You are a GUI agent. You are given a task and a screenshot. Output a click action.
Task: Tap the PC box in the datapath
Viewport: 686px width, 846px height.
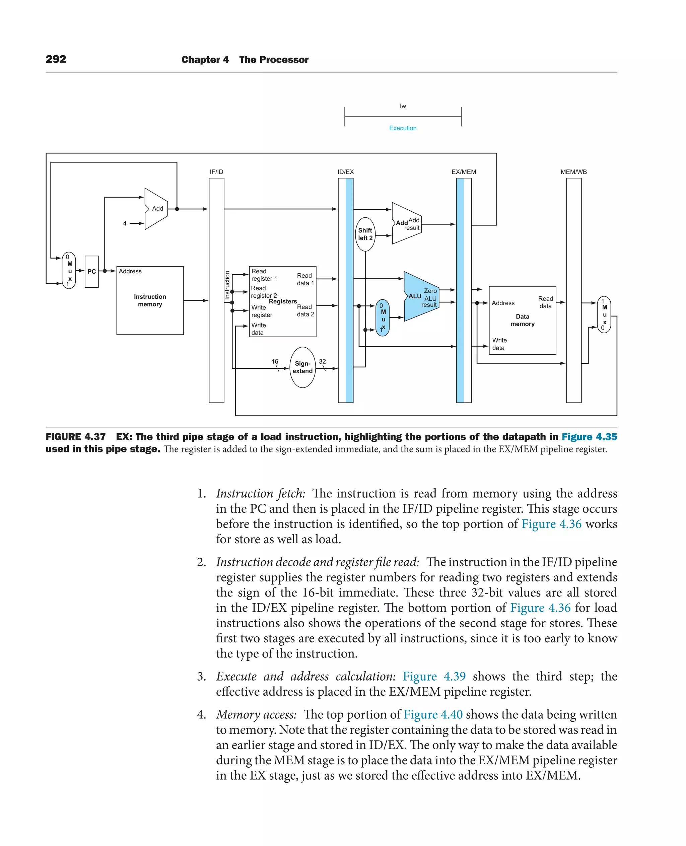92,272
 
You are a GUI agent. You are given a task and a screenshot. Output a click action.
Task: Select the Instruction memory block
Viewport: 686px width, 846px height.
150,300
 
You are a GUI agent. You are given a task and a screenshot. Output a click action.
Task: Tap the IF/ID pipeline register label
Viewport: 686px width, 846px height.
216,172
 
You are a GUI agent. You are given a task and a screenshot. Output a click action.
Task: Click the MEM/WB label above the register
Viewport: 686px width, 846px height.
573,172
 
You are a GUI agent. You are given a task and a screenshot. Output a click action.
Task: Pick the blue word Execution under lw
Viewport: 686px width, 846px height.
403,128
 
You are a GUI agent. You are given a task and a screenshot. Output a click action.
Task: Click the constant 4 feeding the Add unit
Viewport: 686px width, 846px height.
125,223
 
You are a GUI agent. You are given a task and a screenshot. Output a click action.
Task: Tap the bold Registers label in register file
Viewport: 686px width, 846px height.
283,301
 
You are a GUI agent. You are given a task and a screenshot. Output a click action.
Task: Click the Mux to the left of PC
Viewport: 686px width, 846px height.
69,271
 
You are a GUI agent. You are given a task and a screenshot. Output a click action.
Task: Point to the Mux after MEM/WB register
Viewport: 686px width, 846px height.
604,314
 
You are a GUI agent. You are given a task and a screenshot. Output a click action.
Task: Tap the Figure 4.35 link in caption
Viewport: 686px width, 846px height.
589,437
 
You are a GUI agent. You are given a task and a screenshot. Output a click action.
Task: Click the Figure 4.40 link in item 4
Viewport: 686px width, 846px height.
433,714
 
